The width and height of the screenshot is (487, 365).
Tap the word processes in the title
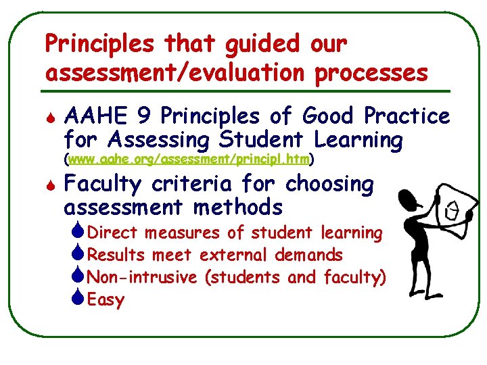372,72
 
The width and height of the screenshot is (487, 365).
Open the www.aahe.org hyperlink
189,160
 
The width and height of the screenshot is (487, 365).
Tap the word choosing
329,184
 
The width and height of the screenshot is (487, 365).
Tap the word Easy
106,300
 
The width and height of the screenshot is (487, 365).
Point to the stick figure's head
409,199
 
